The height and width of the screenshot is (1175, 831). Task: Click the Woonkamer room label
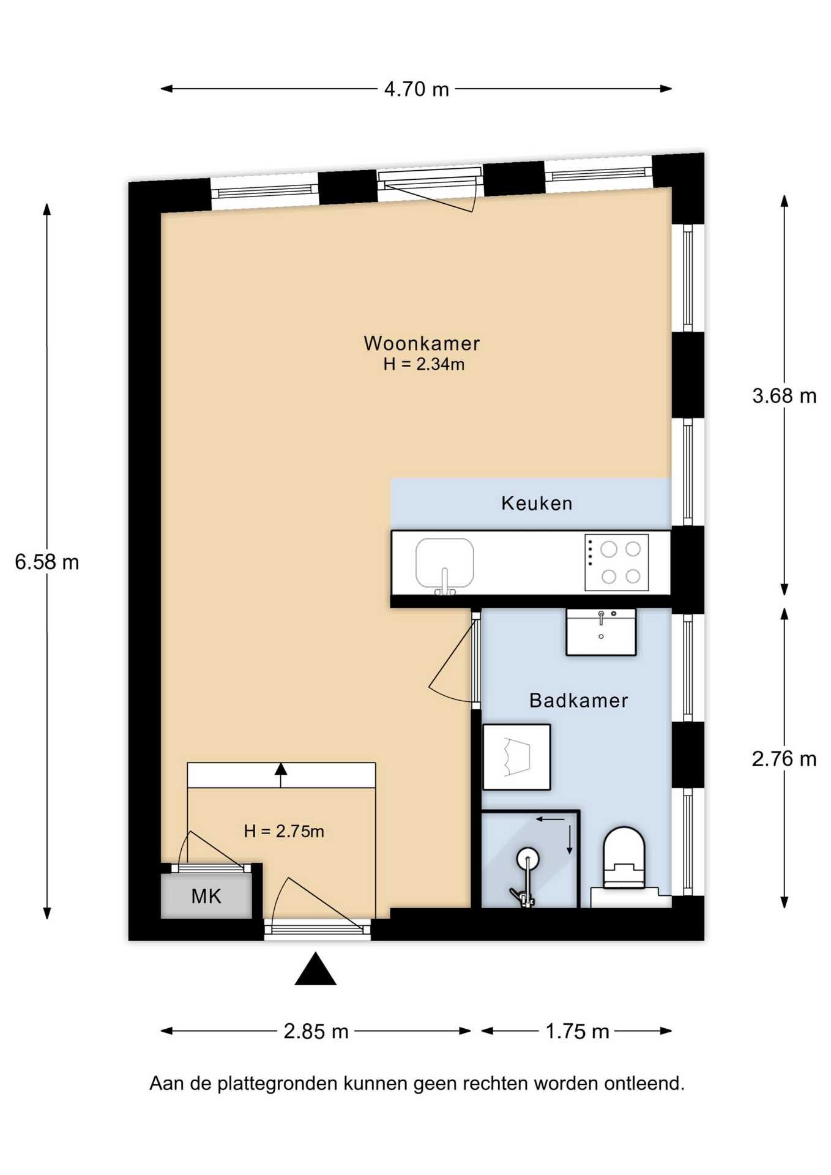(422, 343)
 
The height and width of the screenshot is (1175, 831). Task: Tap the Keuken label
(537, 503)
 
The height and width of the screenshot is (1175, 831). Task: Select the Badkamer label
(578, 700)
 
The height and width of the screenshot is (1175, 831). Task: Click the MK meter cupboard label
(206, 896)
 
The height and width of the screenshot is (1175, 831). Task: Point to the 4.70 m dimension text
(416, 89)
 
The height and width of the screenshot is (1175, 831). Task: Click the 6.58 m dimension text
(47, 562)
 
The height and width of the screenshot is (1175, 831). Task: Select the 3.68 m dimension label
(784, 396)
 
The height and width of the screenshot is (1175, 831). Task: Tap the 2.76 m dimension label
(784, 759)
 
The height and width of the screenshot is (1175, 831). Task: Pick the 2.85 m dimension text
(316, 1031)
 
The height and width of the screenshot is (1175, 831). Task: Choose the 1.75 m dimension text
(577, 1031)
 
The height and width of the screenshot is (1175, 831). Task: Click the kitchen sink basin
(444, 564)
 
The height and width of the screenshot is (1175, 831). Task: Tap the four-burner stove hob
(616, 562)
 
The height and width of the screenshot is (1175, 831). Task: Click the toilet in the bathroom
(624, 857)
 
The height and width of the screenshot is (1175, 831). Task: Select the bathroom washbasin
(601, 632)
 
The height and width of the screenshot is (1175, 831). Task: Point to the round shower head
(527, 858)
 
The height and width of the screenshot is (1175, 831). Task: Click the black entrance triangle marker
(315, 969)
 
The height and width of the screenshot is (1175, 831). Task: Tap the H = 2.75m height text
(284, 831)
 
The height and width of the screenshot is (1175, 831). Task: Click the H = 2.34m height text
(423, 364)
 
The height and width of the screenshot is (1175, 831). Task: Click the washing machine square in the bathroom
(516, 757)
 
